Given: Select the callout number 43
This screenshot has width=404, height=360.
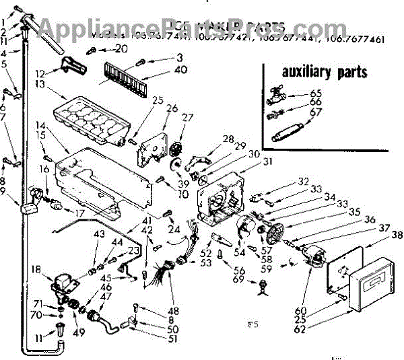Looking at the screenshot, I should [99, 233].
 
